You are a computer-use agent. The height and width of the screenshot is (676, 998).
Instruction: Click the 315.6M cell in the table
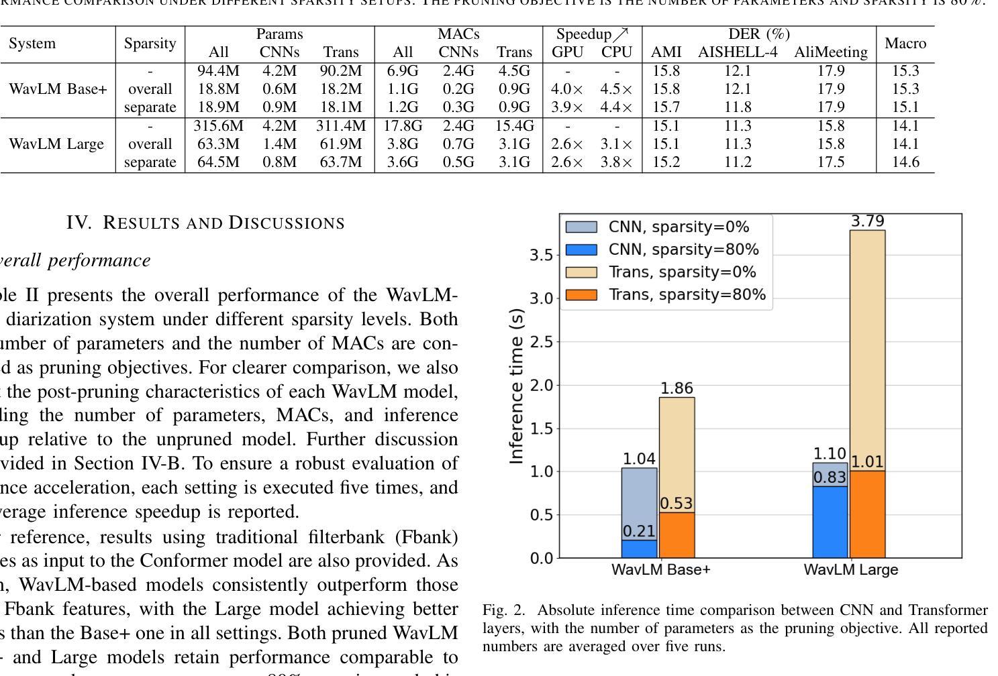click(218, 125)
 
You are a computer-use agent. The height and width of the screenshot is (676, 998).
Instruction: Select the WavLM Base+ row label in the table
click(58, 89)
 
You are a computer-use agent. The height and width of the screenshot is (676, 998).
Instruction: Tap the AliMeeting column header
click(831, 52)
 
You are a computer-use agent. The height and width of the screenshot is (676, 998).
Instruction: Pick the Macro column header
click(905, 44)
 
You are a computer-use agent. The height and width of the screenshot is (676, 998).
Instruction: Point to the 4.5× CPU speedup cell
click(617, 89)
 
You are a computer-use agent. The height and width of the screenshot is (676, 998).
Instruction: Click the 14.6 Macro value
click(905, 162)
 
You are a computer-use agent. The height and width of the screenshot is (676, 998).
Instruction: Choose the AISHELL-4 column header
click(737, 52)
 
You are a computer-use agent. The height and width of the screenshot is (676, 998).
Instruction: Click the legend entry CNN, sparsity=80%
click(683, 249)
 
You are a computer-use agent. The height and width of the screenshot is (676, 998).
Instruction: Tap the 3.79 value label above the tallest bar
click(867, 221)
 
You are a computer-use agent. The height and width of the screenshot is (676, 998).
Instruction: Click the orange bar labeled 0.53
click(677, 534)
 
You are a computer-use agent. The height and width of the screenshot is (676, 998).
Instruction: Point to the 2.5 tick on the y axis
click(542, 342)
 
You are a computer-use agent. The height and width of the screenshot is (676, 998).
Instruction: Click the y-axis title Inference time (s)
click(516, 386)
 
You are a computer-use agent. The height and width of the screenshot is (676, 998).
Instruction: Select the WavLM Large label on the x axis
click(850, 570)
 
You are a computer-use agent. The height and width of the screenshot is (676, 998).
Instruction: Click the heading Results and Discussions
click(205, 223)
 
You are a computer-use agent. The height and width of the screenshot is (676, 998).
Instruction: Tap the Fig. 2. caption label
click(502, 610)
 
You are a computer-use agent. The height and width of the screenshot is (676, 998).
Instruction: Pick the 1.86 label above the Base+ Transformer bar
click(677, 388)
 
